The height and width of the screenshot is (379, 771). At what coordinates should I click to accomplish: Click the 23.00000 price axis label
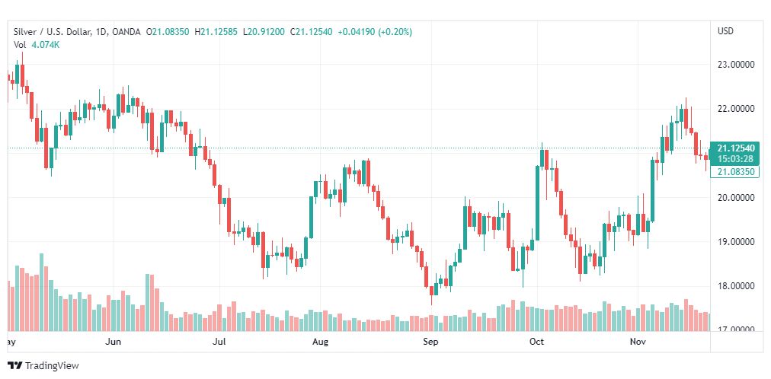[x=735, y=65]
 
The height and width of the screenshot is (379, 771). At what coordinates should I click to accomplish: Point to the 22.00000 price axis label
[x=735, y=109]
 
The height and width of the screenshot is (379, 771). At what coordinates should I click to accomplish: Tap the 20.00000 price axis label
[x=735, y=198]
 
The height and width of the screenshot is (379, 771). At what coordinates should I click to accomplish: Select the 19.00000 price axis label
[x=735, y=242]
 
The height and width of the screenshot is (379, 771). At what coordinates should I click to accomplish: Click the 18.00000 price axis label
[x=735, y=286]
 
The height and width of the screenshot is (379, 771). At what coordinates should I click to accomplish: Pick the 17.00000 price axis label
[x=735, y=330]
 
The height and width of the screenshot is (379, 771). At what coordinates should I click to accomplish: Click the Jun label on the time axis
[x=113, y=342]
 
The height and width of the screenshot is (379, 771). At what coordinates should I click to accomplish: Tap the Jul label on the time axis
[x=219, y=342]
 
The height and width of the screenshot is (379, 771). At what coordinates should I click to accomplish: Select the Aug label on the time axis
[x=321, y=342]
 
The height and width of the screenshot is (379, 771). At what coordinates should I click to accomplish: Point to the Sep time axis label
[x=431, y=342]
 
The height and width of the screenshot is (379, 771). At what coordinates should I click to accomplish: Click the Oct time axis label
[x=537, y=342]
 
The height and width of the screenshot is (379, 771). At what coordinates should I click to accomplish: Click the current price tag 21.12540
[x=735, y=148]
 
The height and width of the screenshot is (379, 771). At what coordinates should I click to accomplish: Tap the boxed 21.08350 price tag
[x=735, y=173]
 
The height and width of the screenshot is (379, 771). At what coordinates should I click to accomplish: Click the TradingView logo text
[x=52, y=366]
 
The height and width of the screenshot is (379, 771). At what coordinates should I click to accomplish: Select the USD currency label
[x=725, y=31]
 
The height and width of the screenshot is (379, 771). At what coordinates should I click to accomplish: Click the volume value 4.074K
[x=45, y=44]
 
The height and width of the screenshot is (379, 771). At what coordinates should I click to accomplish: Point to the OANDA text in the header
[x=130, y=31]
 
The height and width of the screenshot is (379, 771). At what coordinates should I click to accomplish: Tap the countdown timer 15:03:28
[x=735, y=158]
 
